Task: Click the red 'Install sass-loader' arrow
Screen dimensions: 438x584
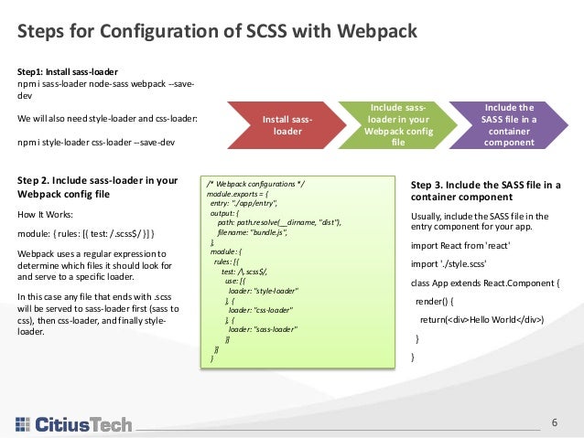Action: coord(287,125)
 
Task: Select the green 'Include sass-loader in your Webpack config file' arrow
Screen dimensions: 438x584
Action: coord(396,125)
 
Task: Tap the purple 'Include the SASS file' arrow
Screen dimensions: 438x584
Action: coord(508,125)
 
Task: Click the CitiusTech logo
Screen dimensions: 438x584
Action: coord(73,423)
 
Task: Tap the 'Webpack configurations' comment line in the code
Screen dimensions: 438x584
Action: coord(255,184)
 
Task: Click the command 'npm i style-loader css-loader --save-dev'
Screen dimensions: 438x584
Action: coord(97,142)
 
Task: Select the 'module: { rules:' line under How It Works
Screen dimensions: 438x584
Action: coord(92,233)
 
